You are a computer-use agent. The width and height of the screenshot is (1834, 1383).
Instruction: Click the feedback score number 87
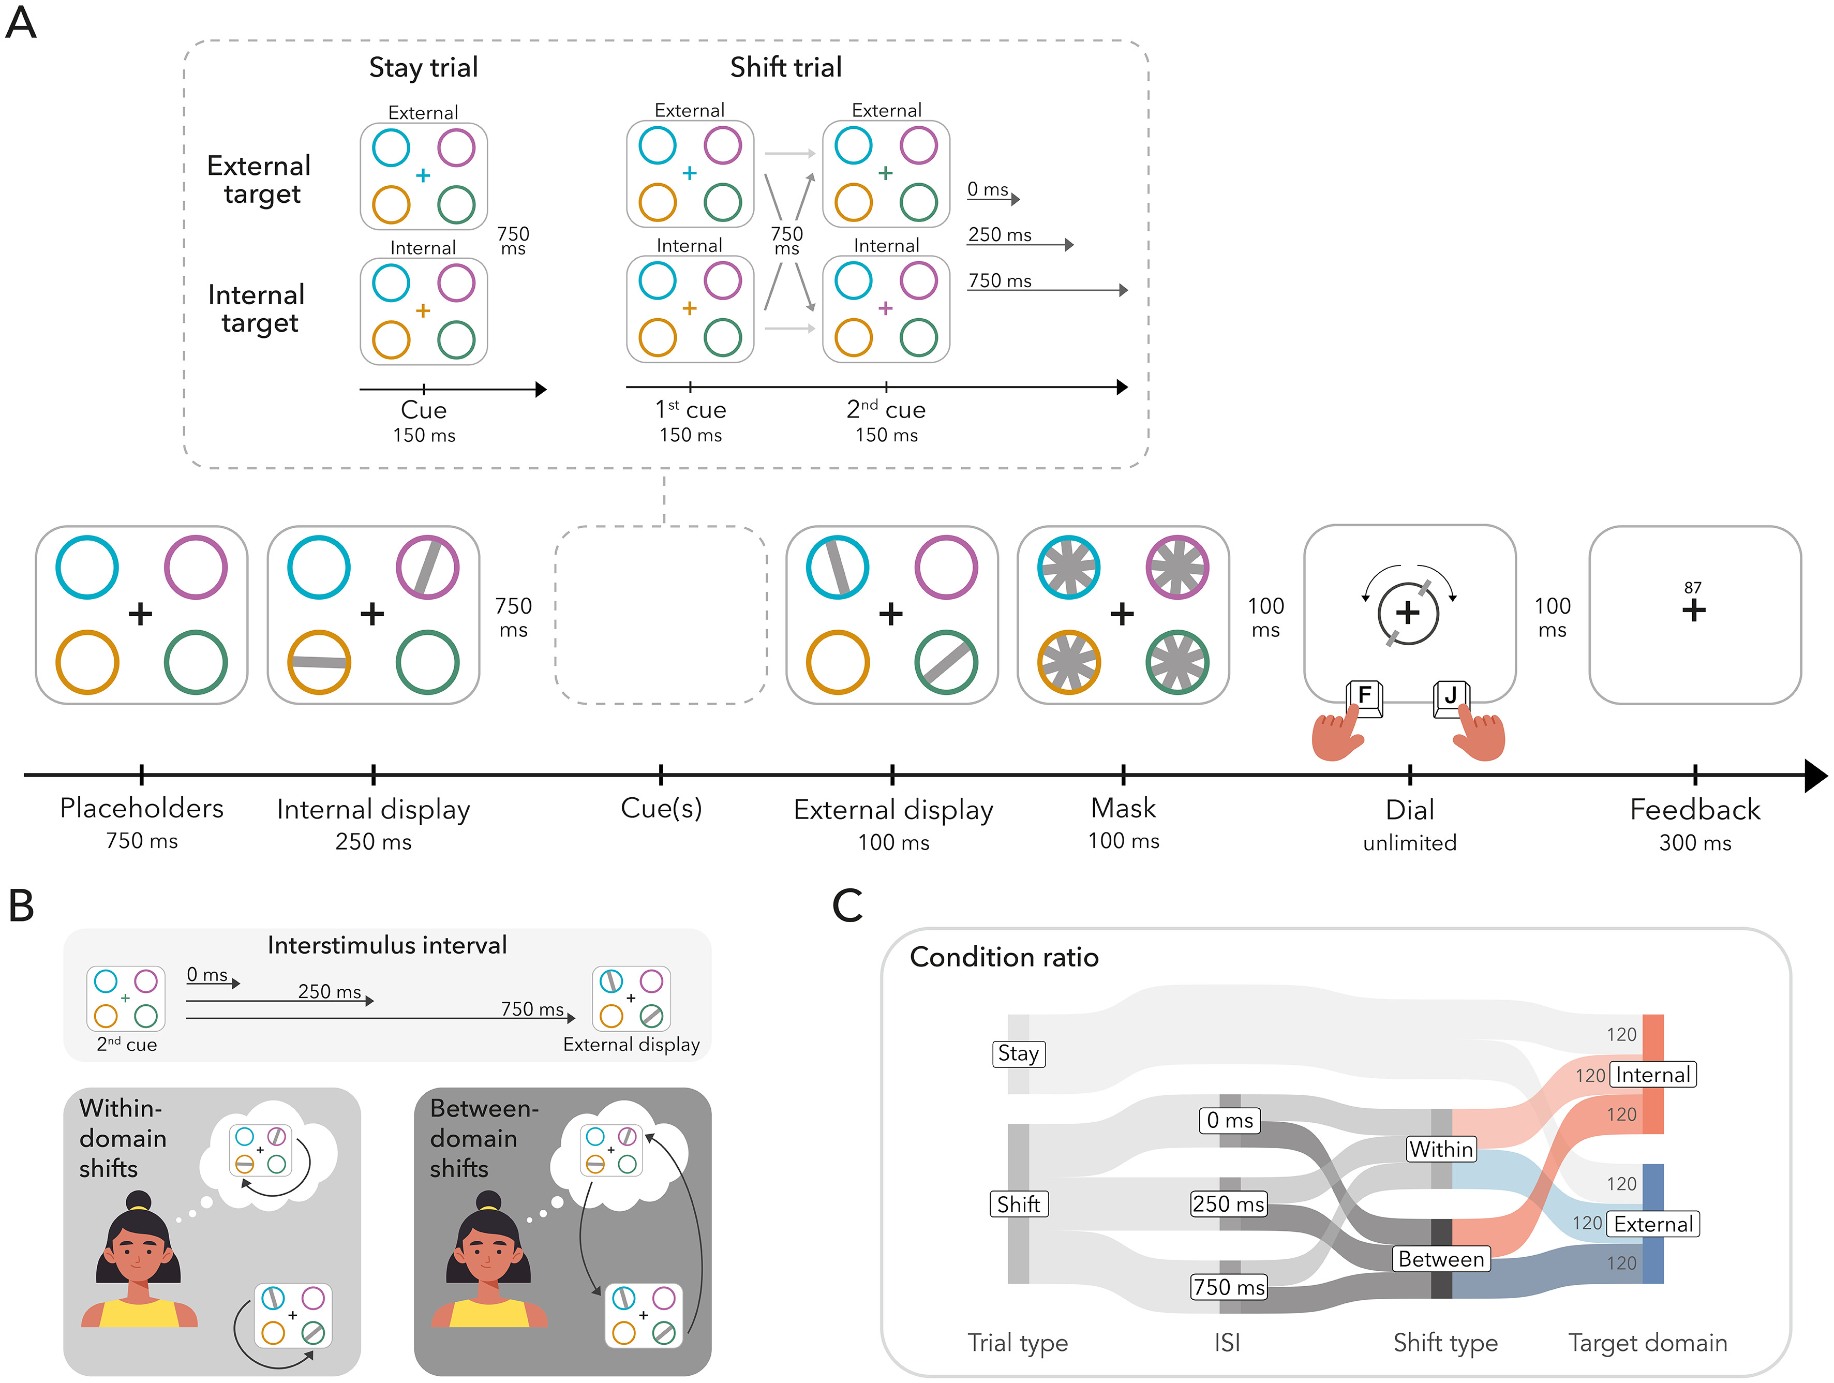coord(1692,587)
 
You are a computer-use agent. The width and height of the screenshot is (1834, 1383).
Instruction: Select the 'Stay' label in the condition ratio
coord(1018,1054)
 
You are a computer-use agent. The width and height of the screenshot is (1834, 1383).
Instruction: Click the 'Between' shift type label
coord(1441,1259)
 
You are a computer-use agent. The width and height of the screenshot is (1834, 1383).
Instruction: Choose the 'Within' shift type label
coord(1441,1149)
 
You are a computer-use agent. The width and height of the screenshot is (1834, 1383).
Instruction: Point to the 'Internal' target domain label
coord(1652,1075)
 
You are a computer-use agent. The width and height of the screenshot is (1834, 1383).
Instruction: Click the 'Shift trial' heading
coord(785,67)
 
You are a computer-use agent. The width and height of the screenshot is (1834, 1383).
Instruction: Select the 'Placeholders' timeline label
coord(142,808)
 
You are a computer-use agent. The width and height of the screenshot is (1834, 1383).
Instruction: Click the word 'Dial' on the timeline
coord(1409,809)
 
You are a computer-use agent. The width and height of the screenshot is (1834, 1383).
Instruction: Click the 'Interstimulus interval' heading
coord(387,945)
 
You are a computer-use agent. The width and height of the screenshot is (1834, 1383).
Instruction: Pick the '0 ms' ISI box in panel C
coord(1229,1120)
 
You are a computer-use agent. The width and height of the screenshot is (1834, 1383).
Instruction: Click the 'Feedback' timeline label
coord(1695,809)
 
